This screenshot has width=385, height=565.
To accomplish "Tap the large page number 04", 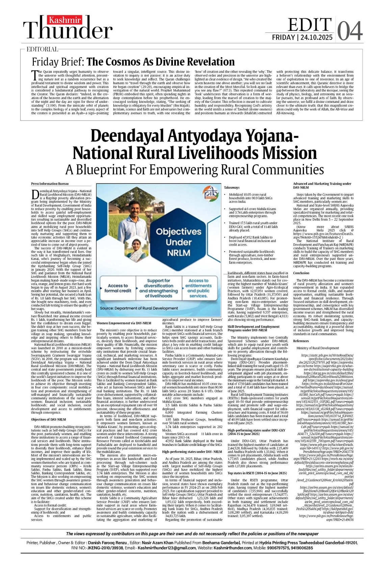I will tap(350, 31).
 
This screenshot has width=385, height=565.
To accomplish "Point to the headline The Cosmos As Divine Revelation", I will tap(160, 62).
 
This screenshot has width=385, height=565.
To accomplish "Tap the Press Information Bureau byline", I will tap(50, 184).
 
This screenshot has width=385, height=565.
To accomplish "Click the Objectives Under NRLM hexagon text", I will tap(179, 242).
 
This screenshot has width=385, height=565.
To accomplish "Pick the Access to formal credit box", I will tap(118, 288).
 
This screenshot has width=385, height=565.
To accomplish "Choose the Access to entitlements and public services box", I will tap(198, 288).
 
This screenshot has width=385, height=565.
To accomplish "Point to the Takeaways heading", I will tap(232, 187).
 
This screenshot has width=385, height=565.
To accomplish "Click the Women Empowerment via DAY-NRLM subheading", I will tap(124, 323).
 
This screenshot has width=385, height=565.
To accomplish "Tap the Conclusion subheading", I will tap(301, 273).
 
